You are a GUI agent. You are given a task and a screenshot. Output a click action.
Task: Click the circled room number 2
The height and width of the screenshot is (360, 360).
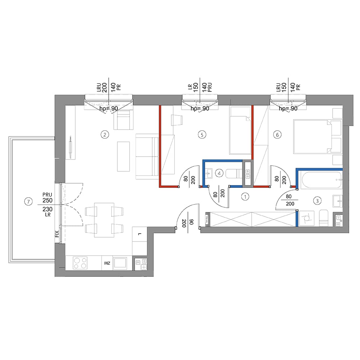(x=105, y=135)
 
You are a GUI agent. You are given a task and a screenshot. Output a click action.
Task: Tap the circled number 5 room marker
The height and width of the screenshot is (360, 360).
(x=202, y=135)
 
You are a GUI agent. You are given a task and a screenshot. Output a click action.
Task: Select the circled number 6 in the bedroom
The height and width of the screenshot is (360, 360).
(x=277, y=135)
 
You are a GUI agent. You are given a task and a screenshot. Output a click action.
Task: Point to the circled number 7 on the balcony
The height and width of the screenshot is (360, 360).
(x=28, y=202)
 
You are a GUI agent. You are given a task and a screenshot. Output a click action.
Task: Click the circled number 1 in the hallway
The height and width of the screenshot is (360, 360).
(x=245, y=197)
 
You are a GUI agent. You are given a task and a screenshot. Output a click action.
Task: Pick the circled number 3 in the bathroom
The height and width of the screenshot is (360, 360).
(x=317, y=201)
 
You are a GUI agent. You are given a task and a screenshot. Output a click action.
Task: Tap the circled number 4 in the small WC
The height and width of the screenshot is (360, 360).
(x=219, y=173)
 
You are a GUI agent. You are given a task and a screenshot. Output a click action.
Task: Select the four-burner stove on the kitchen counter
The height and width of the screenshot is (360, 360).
(x=80, y=263)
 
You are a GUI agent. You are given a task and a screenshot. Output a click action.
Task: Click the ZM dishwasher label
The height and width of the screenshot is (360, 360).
(x=107, y=263)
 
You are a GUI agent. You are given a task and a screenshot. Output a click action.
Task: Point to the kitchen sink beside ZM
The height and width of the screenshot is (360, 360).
(x=120, y=263)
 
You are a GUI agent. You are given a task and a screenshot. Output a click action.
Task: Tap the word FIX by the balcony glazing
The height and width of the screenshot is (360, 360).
(x=57, y=234)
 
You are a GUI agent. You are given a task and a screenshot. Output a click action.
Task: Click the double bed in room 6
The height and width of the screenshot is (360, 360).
(x=317, y=136)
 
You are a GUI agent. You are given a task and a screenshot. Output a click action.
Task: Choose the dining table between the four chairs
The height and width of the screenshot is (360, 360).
(x=104, y=220)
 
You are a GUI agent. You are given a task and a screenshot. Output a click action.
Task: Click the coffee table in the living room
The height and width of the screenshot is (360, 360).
(x=123, y=156)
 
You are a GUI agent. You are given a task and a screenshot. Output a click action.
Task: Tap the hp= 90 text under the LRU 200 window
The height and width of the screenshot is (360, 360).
(x=109, y=109)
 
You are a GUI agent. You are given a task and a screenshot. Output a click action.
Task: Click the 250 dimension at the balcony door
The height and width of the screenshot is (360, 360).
(x=48, y=201)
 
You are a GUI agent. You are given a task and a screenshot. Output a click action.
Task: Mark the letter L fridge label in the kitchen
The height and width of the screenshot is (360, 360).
(x=139, y=234)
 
